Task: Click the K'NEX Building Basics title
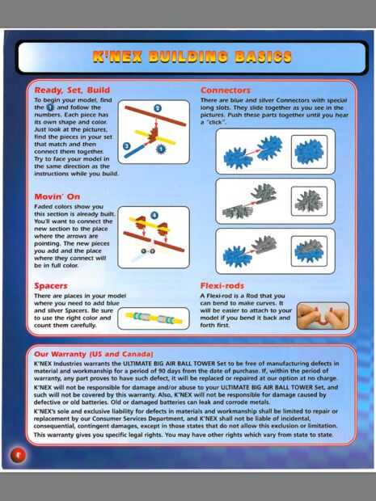click(x=192, y=57)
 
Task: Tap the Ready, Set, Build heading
click(x=72, y=91)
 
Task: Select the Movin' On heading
click(x=57, y=196)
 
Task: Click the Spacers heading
click(x=51, y=286)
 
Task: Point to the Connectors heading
click(x=226, y=91)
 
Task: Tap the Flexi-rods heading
click(x=222, y=285)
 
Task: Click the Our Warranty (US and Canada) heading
click(x=94, y=354)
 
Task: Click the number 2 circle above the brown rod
click(x=158, y=108)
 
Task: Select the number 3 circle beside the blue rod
click(x=127, y=146)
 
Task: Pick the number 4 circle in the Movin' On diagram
click(x=154, y=216)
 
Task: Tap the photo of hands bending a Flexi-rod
click(x=323, y=316)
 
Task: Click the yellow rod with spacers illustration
click(x=154, y=318)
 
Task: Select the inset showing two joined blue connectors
click(x=309, y=152)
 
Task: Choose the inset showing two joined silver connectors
click(x=309, y=201)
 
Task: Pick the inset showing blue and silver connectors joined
click(x=309, y=251)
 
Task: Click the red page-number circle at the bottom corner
click(x=19, y=455)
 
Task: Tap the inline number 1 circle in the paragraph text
click(x=50, y=107)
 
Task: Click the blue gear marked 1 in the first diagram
click(x=161, y=149)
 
